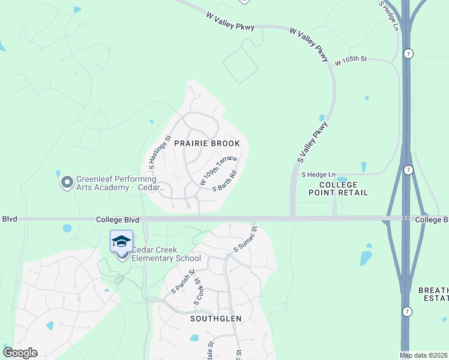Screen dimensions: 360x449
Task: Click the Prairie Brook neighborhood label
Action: tap(207, 143)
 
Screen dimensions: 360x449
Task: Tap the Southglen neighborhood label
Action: tap(215, 319)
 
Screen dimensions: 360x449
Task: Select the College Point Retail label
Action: tap(338, 188)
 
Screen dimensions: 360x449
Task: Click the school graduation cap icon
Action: tap(121, 241)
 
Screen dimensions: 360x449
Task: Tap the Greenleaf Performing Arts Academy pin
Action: tap(67, 181)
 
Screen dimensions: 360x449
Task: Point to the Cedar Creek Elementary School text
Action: tap(166, 254)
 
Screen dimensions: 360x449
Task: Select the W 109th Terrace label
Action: tap(218, 170)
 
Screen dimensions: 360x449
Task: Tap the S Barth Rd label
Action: tap(225, 181)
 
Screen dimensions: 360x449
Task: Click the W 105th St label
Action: tap(351, 61)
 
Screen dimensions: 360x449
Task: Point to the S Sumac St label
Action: tap(245, 239)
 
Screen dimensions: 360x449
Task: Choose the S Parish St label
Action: tap(183, 281)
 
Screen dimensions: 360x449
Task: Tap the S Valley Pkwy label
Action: tap(313, 142)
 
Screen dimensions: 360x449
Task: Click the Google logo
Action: tap(20, 353)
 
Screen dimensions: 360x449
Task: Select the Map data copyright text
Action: tap(424, 355)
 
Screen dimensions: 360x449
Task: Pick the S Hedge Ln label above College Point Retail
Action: tap(313, 174)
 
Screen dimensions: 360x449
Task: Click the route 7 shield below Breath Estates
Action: tap(407, 312)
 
